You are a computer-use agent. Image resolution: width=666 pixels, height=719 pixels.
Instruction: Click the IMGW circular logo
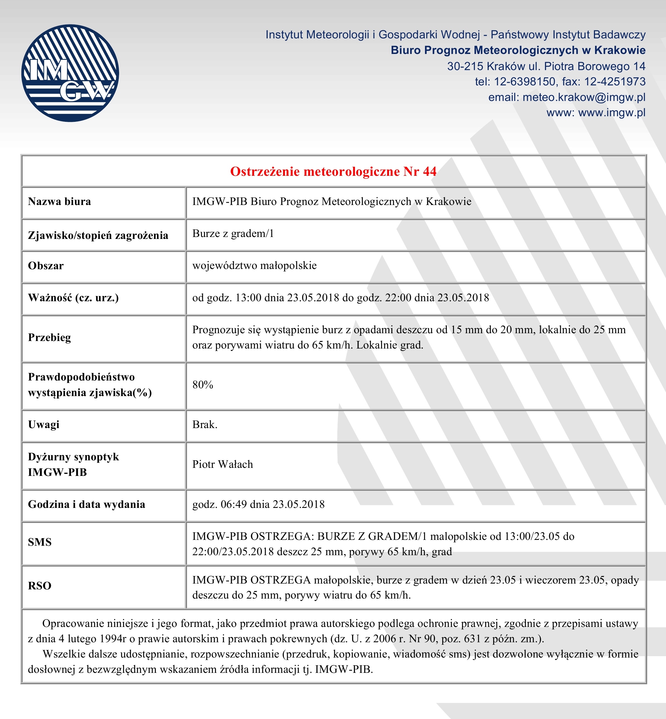coord(70,73)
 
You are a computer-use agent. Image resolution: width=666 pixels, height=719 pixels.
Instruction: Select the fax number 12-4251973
coord(615,82)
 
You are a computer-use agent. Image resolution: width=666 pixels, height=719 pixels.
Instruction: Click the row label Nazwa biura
coord(60,201)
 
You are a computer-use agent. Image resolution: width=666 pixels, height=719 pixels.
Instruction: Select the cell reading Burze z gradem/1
coord(233,234)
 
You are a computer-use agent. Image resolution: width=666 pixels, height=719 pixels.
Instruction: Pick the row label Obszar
coord(46,266)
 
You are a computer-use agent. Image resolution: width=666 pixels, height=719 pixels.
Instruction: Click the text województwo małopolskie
coord(254,266)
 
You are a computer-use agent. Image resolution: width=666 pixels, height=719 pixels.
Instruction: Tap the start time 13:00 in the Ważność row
coord(248,298)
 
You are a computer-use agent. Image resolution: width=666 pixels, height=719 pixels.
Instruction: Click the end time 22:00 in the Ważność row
coord(398,298)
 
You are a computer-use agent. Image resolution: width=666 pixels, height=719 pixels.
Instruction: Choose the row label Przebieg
coord(49,337)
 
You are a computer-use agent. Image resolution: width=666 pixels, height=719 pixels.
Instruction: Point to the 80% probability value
coord(203,385)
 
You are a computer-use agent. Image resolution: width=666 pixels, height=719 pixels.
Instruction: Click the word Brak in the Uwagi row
coord(204,425)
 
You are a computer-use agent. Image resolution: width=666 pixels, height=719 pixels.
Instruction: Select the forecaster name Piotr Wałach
coord(222,464)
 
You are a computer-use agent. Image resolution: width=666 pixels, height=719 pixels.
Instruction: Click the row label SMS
coord(40,542)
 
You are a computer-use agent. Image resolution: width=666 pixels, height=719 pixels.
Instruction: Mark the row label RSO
coord(40,586)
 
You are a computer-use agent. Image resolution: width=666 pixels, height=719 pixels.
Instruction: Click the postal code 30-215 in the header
coord(465,66)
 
